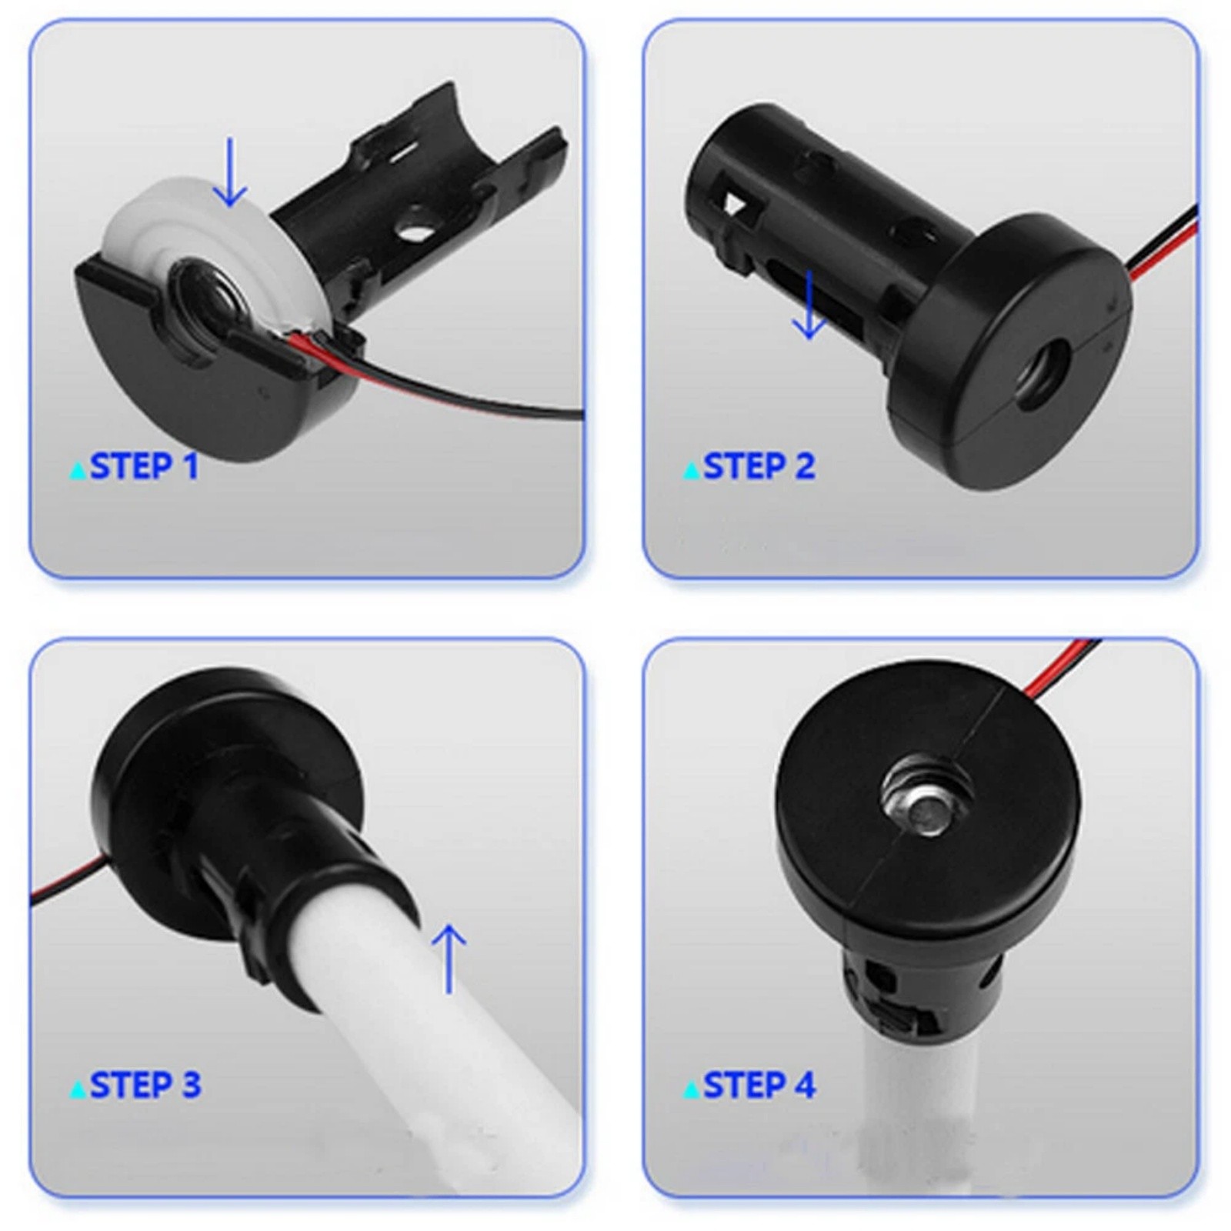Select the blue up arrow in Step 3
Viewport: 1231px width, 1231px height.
pos(449,959)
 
